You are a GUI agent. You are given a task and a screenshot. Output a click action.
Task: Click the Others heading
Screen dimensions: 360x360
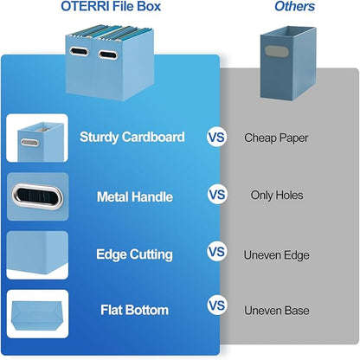(x=295, y=8)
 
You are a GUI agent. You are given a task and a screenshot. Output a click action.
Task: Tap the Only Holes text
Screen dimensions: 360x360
(x=277, y=196)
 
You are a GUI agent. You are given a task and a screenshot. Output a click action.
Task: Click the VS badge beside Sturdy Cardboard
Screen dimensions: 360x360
(x=216, y=137)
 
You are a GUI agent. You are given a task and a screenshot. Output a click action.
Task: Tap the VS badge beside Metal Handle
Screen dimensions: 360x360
(x=216, y=196)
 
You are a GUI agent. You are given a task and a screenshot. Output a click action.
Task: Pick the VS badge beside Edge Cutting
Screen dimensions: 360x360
(x=216, y=254)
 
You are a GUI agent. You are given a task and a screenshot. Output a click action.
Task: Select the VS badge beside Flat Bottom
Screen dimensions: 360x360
(x=216, y=306)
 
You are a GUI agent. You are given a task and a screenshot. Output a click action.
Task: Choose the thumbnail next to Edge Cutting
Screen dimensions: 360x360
(x=37, y=255)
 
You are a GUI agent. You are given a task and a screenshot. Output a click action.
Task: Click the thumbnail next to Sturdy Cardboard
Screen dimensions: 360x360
(x=37, y=138)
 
